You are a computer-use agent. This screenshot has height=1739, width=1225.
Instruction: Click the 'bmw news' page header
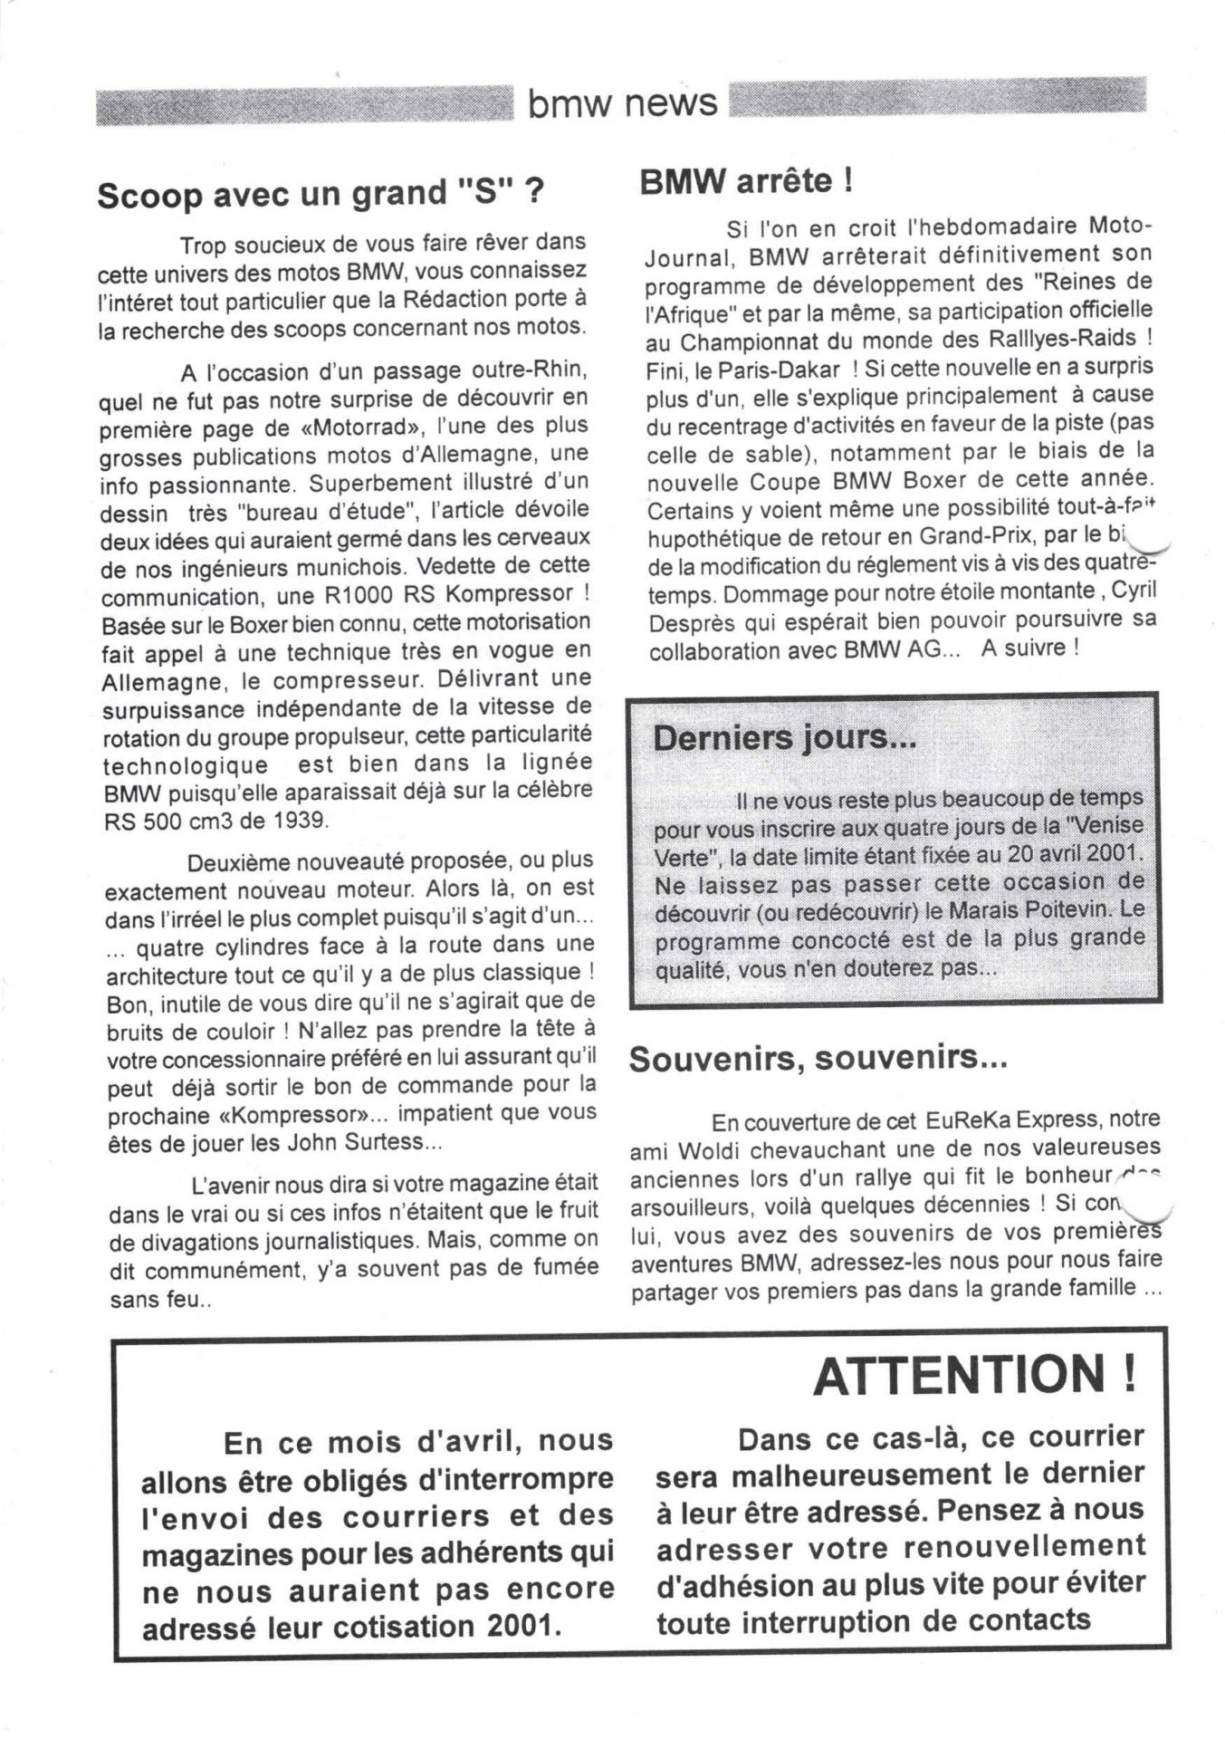pos(622,103)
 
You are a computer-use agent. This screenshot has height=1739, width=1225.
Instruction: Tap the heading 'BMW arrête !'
pos(746,181)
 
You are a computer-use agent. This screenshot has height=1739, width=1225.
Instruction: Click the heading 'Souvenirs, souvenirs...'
pos(818,1057)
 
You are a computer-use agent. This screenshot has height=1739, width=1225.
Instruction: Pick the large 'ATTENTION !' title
pos(974,1376)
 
